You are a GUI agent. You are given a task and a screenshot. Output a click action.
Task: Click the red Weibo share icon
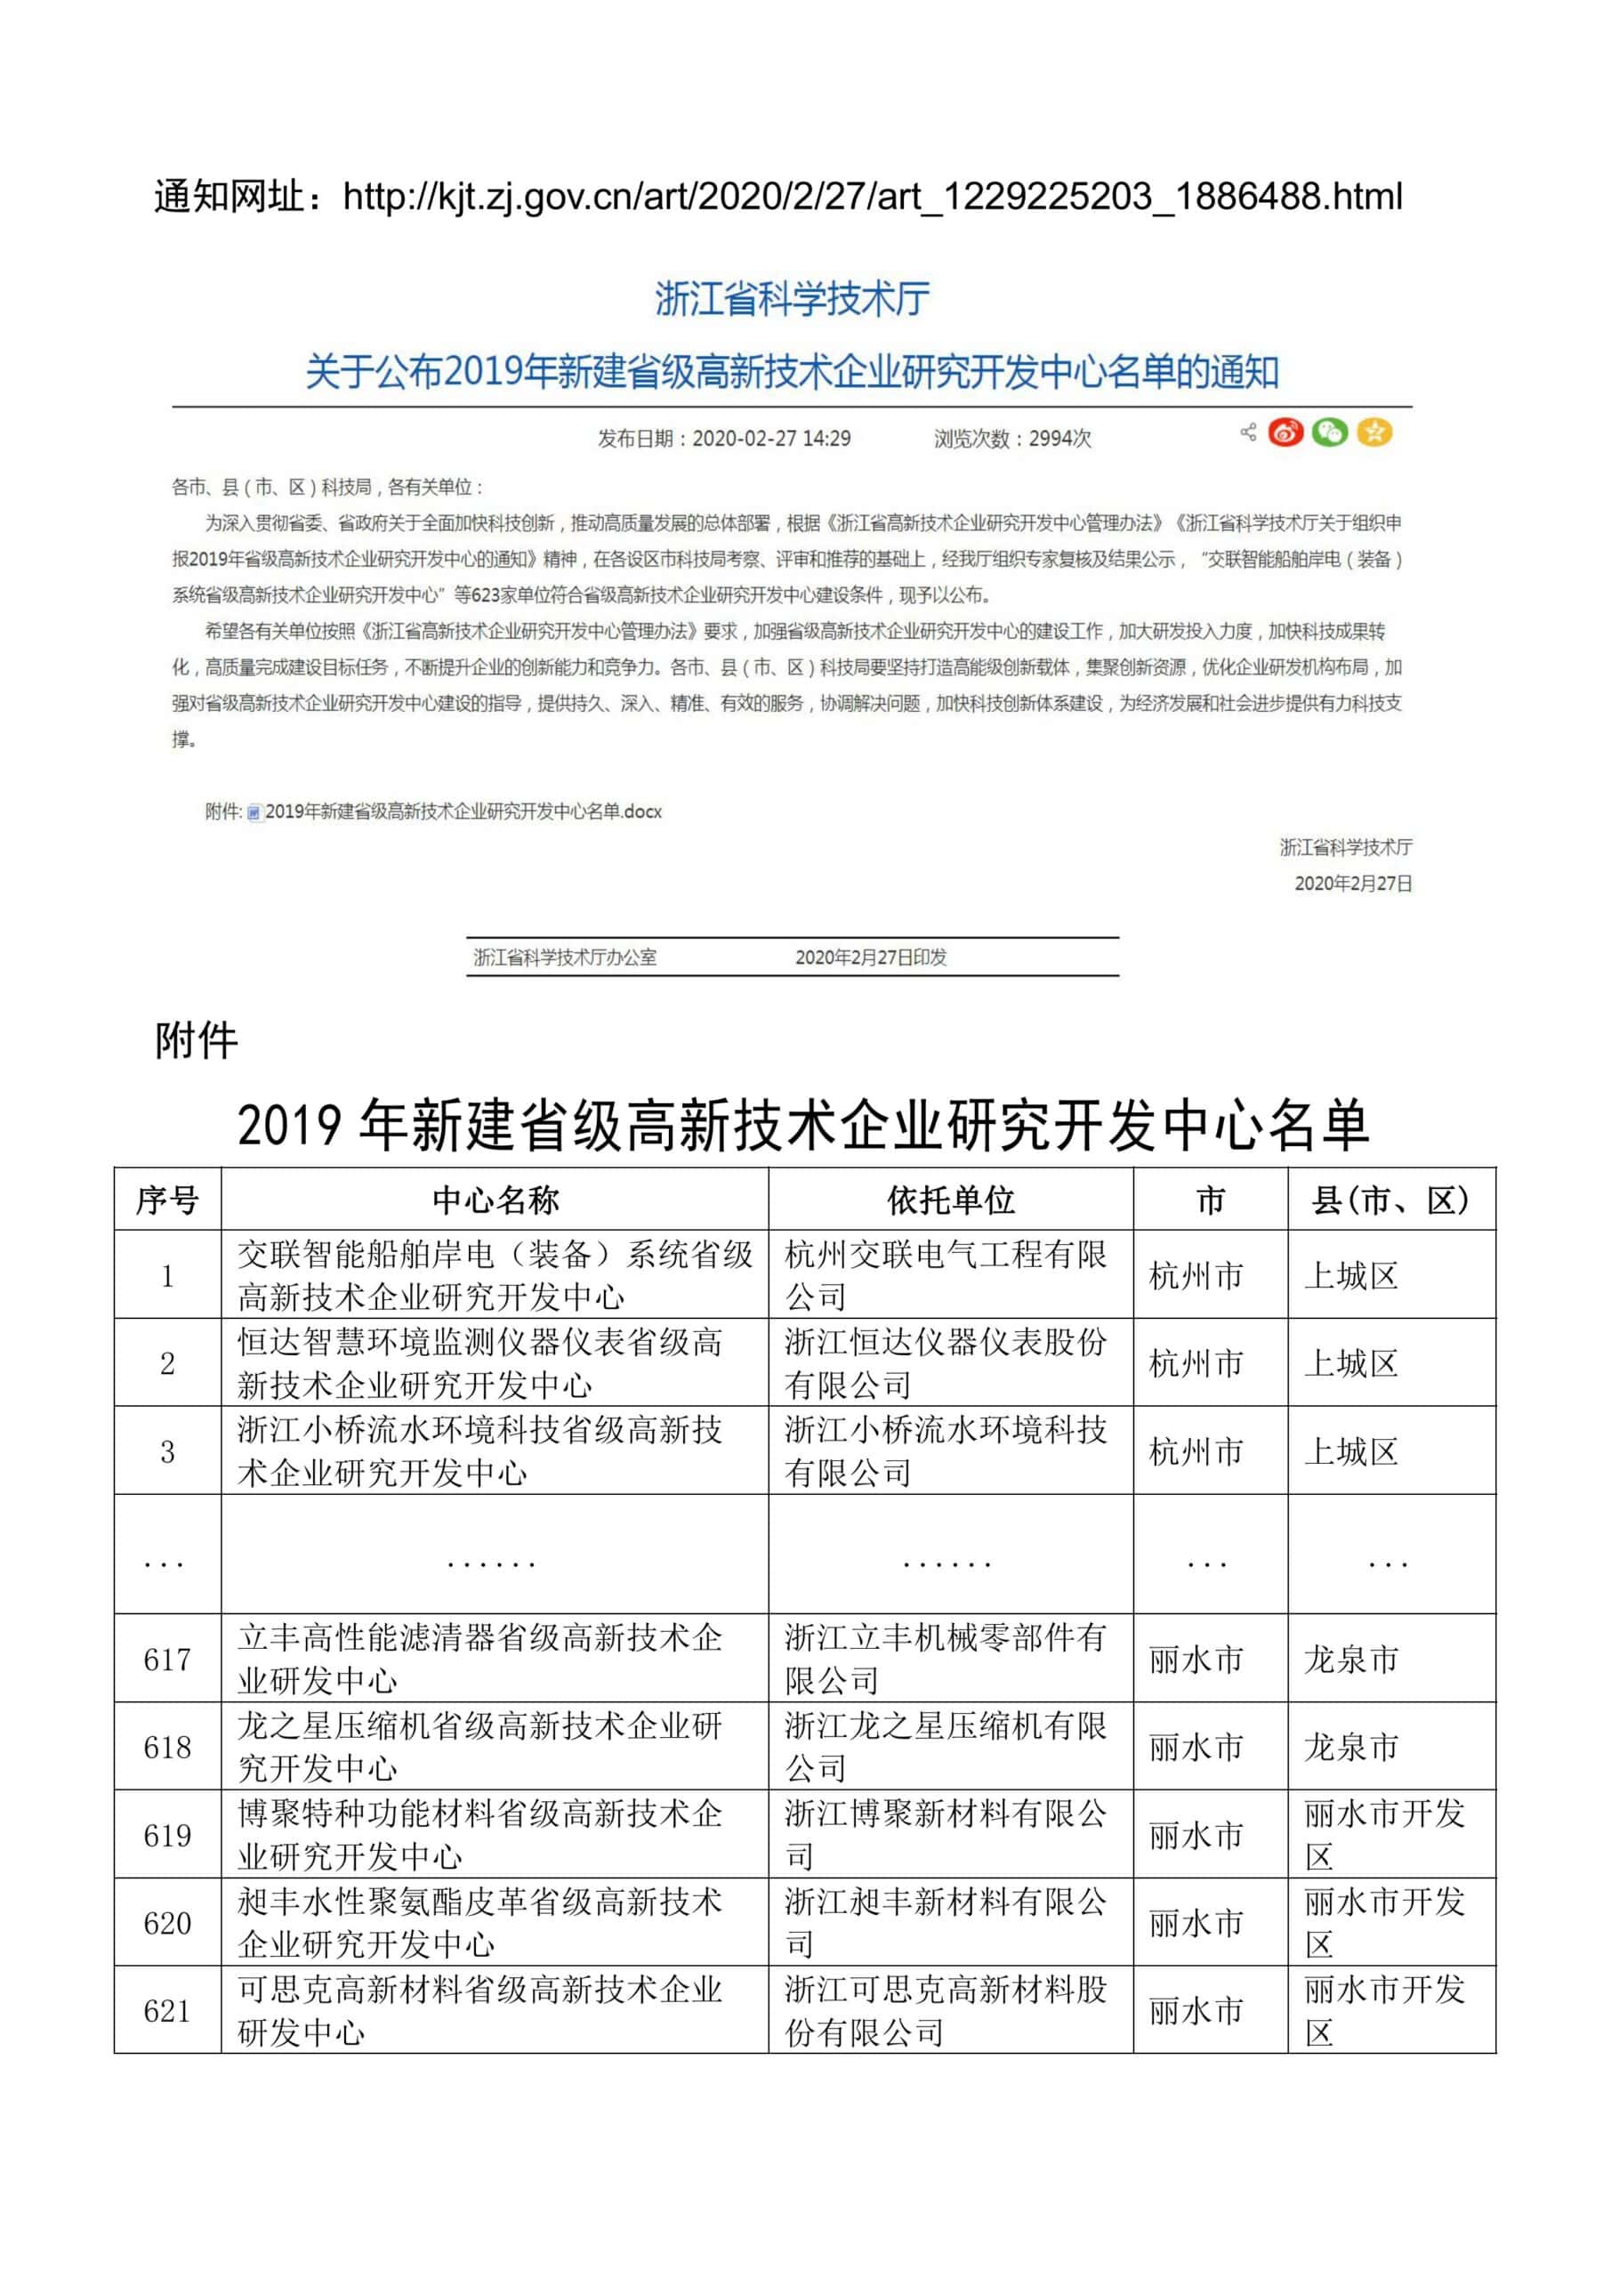[x=1285, y=433]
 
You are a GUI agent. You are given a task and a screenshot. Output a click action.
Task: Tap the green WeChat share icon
[x=1329, y=433]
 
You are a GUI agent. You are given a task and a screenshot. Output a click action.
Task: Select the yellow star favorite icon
[x=1373, y=433]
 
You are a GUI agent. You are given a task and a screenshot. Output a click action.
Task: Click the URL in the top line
[x=872, y=197]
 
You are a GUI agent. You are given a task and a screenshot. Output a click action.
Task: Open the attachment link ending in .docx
[x=463, y=812]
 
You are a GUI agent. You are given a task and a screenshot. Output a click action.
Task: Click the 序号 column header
[x=166, y=1200]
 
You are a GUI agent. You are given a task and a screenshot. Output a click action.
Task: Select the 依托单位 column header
[x=950, y=1200]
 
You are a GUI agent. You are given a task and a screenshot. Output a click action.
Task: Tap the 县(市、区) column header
[x=1389, y=1200]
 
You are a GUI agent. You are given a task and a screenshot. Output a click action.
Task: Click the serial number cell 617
[x=166, y=1659]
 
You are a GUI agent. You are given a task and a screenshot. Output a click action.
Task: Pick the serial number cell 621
[x=166, y=2011]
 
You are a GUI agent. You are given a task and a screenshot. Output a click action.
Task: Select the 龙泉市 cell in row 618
[x=1351, y=1747]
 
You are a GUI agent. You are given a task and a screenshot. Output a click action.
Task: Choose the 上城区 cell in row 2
[x=1351, y=1363]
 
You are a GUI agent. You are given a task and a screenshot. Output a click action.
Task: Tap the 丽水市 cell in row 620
[x=1196, y=1924]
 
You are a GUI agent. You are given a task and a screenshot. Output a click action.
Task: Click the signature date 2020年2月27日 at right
[x=1353, y=883]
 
